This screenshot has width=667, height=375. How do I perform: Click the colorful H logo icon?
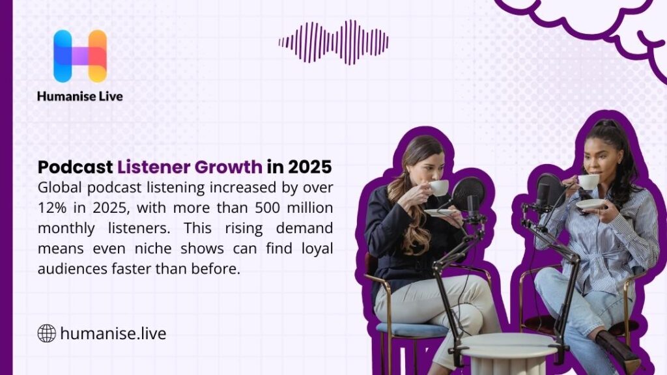(79, 56)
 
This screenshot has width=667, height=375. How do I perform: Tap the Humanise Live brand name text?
(79, 96)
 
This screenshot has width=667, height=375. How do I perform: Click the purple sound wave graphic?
(333, 42)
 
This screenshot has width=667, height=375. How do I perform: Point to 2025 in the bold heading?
(309, 167)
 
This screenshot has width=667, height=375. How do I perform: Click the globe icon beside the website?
(46, 334)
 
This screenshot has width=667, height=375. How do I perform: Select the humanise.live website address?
(113, 334)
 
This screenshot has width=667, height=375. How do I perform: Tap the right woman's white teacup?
(588, 182)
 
